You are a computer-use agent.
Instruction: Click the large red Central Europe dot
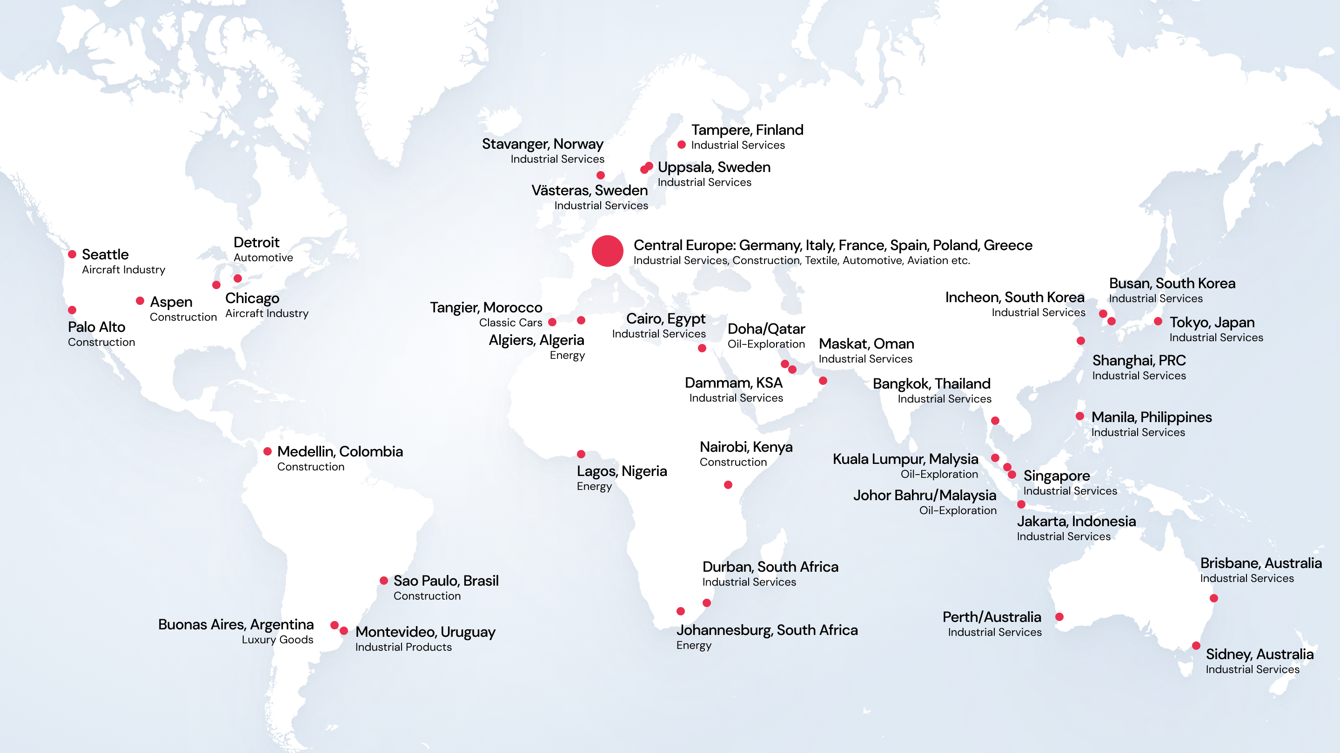coord(607,251)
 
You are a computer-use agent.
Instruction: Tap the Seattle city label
coord(105,254)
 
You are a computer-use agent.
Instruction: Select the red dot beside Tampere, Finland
coord(682,145)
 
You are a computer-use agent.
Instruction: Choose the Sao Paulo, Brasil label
coord(446,581)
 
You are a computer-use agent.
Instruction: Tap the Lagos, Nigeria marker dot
coord(581,454)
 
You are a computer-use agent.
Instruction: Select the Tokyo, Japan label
coord(1212,322)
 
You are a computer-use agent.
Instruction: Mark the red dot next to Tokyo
coord(1158,321)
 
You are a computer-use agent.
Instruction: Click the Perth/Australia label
coord(992,617)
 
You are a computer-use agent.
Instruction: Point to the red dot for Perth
coord(1059,617)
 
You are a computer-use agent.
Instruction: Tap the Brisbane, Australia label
coord(1261,563)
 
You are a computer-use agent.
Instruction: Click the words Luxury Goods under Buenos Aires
coord(277,640)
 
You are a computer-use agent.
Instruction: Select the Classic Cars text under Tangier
coord(510,323)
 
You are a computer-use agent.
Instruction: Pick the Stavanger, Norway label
coord(543,144)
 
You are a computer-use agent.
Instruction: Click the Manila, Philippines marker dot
coord(1080,416)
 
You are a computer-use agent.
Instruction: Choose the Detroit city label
coord(256,242)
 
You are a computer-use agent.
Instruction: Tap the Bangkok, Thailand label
coord(931,383)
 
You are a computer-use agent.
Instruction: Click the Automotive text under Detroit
coord(263,258)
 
